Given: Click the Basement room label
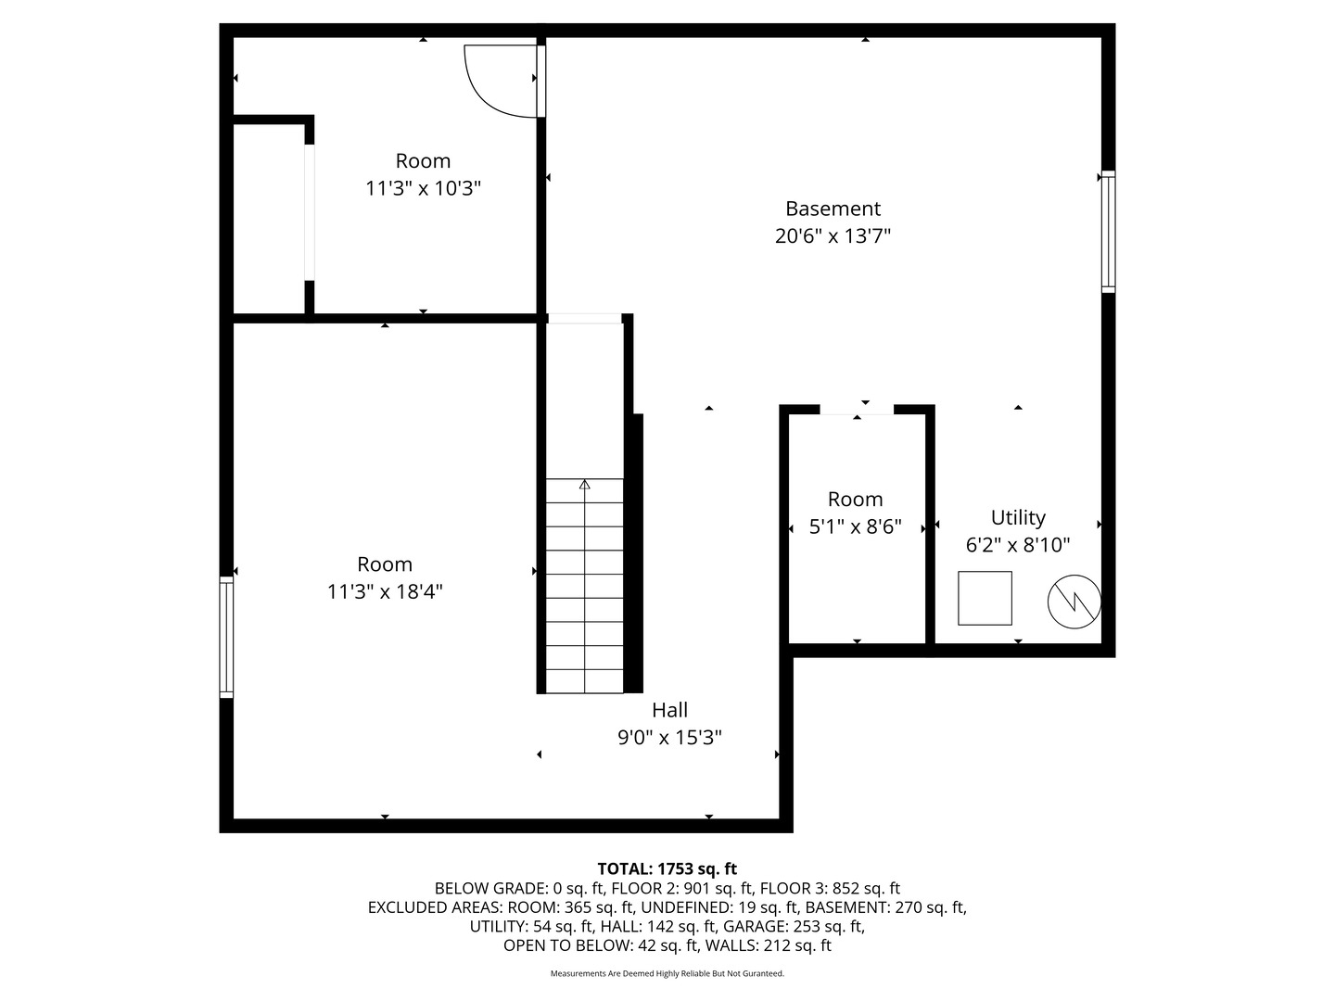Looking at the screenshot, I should point(833,209).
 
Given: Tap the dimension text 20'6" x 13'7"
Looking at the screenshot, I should point(833,236).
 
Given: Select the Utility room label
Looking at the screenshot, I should point(1018,517).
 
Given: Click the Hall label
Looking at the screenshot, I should point(669,710).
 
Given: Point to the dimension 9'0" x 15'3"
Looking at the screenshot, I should point(669,738).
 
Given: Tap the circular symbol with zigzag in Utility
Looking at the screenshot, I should point(1074,602).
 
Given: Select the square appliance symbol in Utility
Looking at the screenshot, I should point(985,598).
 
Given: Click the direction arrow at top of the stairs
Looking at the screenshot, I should point(584,484).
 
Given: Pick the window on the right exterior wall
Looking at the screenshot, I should point(1108,232).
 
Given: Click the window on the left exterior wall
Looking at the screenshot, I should point(226,637).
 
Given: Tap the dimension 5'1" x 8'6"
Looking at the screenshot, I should point(855,527).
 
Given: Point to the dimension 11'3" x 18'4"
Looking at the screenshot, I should point(385,591).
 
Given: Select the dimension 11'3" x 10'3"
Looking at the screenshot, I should point(423,188).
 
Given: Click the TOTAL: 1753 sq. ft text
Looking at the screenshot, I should point(667,868).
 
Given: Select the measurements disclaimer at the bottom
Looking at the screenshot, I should point(667,973).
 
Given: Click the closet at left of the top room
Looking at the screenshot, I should point(269,218).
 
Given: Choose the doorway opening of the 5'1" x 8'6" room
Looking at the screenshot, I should point(857,410).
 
